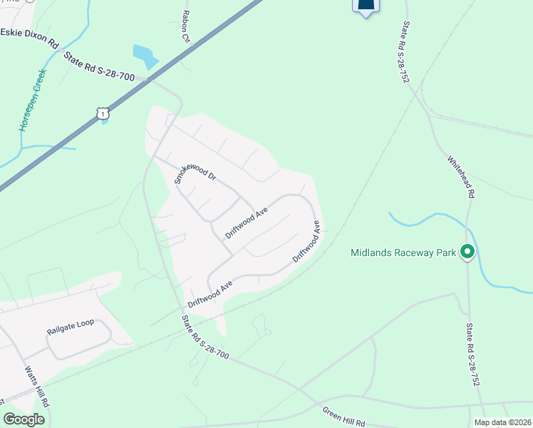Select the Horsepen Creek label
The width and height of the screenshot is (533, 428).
(32, 100)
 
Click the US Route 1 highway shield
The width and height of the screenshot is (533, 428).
(104, 113)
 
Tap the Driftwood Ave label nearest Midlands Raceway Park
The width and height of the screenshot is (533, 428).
(306, 242)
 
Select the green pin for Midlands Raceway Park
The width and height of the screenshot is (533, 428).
(467, 252)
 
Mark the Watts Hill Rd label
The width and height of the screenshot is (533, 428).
(37, 387)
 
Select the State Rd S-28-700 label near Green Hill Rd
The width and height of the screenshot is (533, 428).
(205, 337)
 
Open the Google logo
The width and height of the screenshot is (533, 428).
(24, 419)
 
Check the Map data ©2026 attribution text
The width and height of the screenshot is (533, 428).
(502, 422)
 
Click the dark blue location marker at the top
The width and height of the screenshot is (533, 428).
(366, 6)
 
